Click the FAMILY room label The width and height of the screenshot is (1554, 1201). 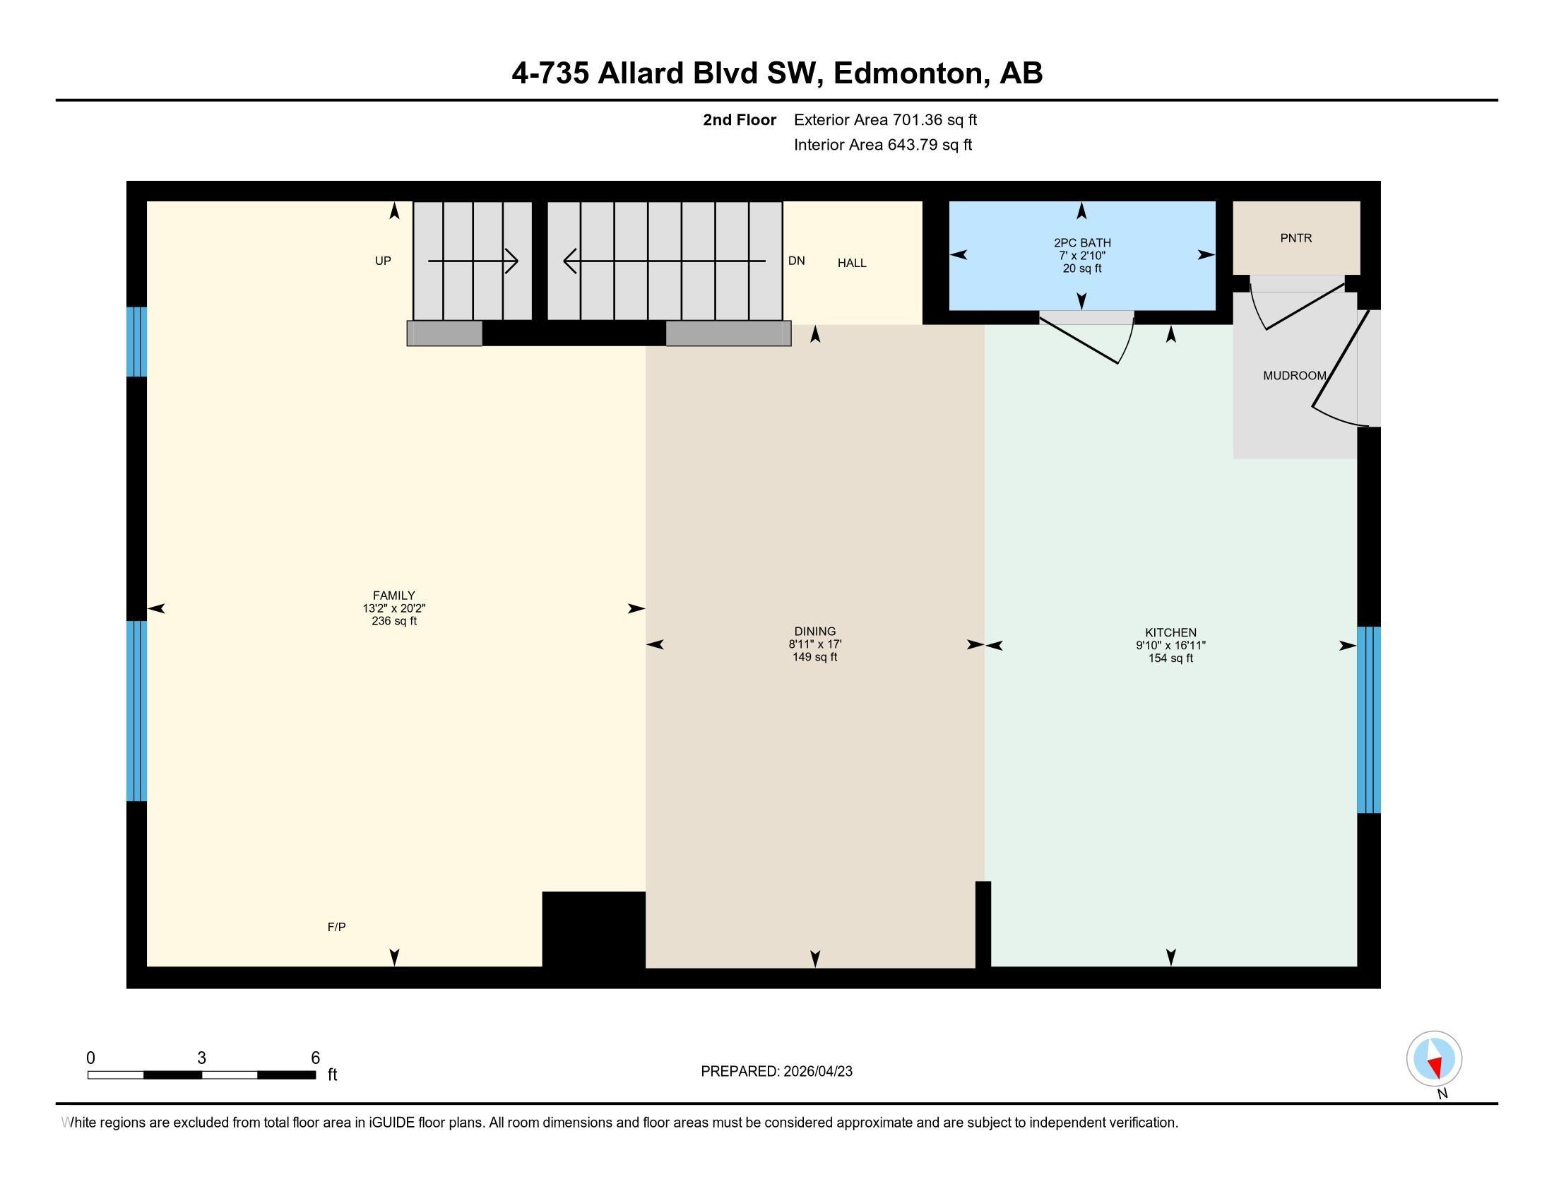pos(393,596)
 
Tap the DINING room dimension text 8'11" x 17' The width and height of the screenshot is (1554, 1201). pos(814,644)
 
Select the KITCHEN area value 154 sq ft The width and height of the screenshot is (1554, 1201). pos(1170,658)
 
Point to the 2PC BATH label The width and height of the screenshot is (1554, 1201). pos(1081,242)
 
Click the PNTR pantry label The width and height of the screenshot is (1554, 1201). pos(1295,238)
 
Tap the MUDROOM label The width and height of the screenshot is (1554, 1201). pos(1293,376)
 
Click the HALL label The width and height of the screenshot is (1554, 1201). pos(852,264)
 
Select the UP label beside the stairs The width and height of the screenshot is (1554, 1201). pos(383,261)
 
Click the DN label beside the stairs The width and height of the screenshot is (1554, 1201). pos(796,261)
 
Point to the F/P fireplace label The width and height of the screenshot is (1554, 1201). pos(336,927)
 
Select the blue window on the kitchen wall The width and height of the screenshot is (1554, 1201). pos(1368,719)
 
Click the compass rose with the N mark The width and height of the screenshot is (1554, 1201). pos(1434,1059)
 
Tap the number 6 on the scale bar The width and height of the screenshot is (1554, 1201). pos(315,1058)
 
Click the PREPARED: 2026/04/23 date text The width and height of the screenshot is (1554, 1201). pos(776,1072)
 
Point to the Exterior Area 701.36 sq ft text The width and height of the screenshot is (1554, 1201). pos(885,120)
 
